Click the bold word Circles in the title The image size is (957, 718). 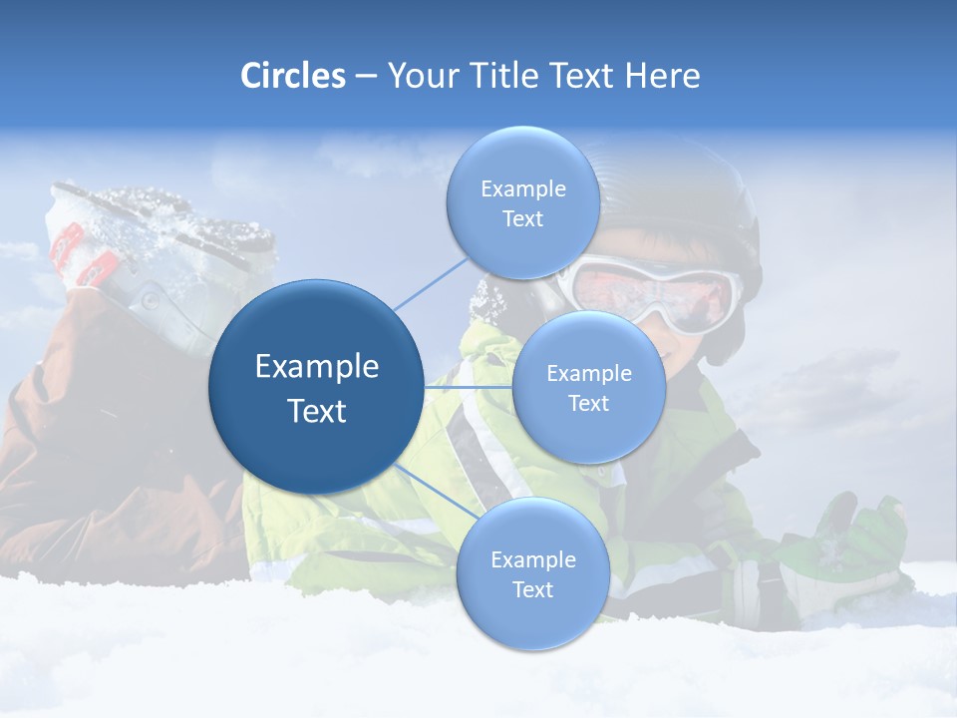coord(293,76)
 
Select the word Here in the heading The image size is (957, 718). coord(662,76)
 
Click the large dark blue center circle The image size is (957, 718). coord(316,387)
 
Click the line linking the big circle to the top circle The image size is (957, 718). coord(431,282)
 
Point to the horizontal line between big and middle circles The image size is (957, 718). coord(468,387)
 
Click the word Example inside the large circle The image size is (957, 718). coord(317,367)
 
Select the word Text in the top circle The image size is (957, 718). coord(522,219)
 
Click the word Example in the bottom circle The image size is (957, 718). coord(532,560)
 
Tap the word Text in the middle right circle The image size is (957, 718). coord(588,404)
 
